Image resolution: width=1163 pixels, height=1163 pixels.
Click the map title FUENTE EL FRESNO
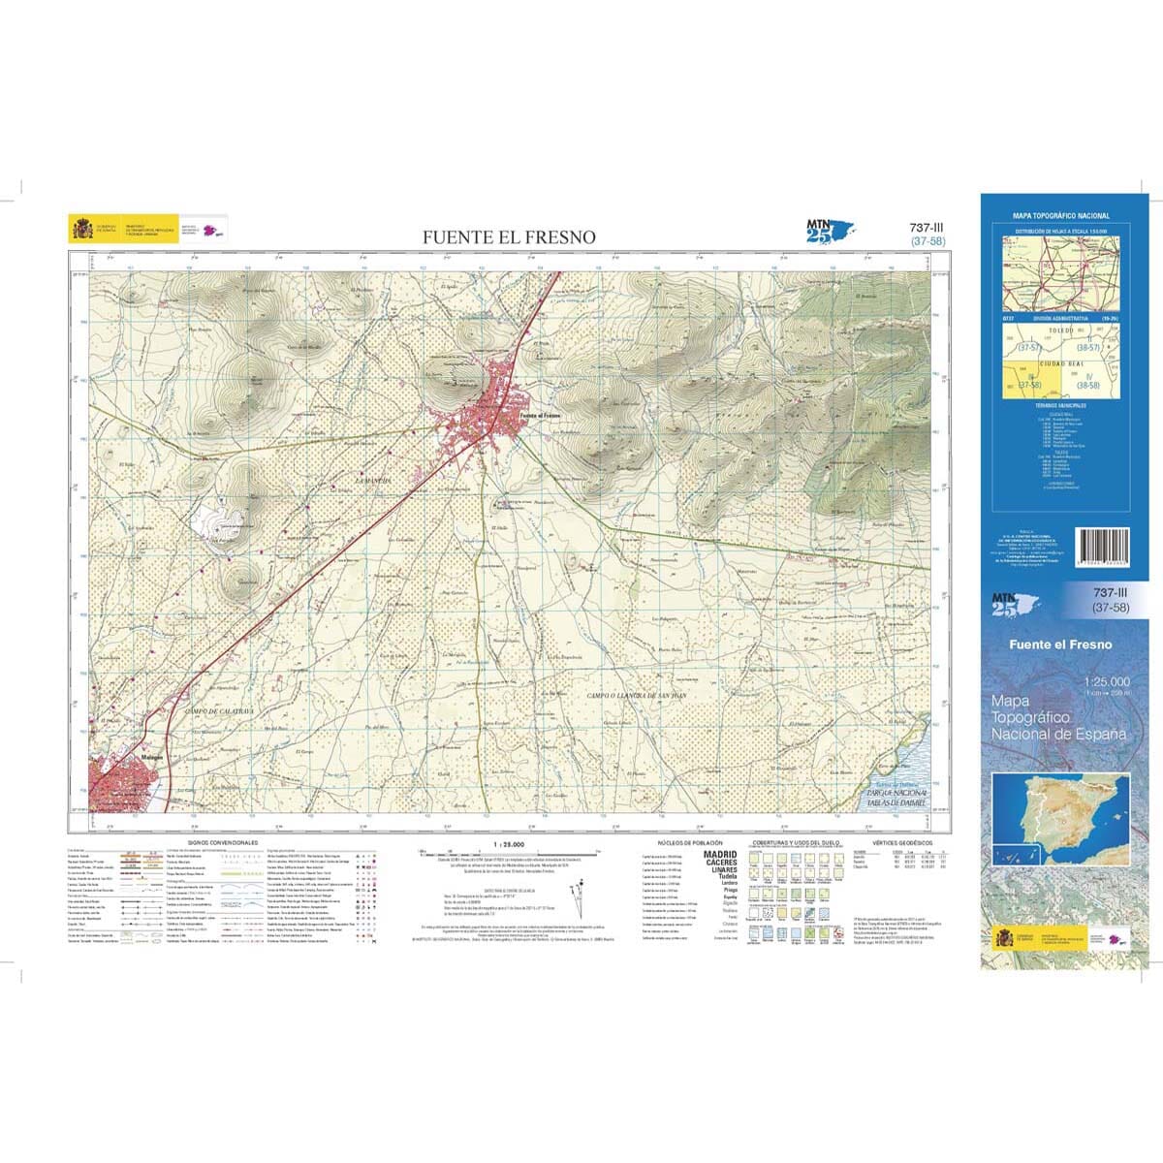tap(509, 236)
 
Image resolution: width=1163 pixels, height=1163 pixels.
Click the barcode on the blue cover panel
tap(1105, 548)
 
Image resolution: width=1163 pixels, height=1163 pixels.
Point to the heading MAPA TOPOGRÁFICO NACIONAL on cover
tap(1061, 215)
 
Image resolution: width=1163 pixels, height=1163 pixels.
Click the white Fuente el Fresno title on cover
tap(1060, 644)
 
